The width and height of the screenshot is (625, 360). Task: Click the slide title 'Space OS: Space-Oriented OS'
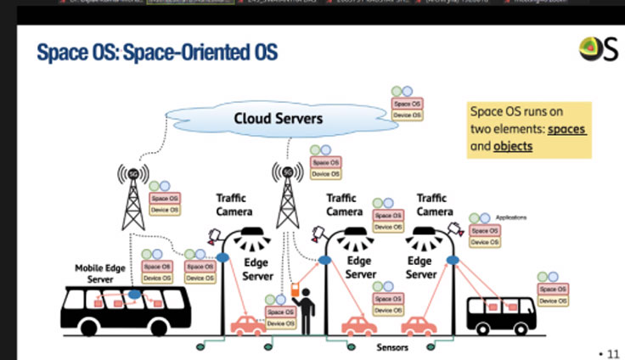157,53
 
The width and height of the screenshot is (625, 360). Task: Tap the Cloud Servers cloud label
279,118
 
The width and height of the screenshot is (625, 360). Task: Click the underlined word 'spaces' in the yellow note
566,129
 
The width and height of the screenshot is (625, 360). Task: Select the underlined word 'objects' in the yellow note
513,146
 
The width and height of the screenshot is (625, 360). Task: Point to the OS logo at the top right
598,50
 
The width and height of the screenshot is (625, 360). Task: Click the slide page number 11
610,351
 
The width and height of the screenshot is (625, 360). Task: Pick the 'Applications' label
511,217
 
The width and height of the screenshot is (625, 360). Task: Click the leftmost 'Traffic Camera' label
232,205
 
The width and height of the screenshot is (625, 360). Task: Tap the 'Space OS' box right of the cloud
406,104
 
